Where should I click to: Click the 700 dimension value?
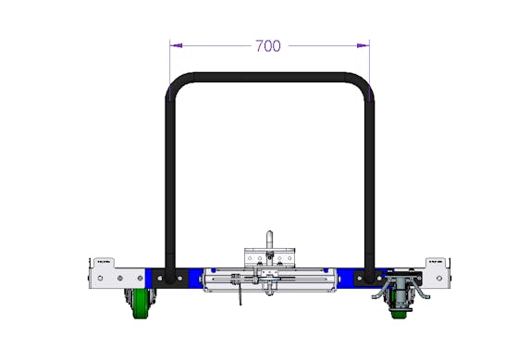267,45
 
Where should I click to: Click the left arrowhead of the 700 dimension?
176,45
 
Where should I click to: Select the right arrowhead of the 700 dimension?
363,45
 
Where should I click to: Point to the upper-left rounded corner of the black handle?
179,84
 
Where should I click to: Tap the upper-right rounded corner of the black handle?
361,84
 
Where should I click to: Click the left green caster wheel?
140,304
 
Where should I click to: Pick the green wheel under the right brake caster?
398,314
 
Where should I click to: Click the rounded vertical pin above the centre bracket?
269,241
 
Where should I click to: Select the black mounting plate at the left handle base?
169,279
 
